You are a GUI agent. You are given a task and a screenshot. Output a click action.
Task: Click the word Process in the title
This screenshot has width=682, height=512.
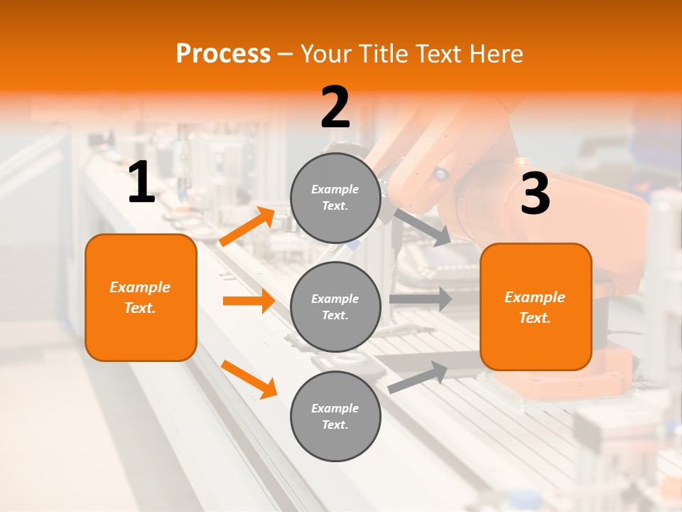tap(223, 54)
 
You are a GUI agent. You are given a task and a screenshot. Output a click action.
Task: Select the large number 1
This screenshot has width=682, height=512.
tap(141, 183)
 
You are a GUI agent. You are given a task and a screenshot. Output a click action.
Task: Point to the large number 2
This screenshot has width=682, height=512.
tap(335, 108)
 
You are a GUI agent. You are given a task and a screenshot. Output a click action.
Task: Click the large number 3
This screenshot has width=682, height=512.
tap(535, 193)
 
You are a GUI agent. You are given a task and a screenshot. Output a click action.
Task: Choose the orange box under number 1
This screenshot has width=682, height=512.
tap(141, 297)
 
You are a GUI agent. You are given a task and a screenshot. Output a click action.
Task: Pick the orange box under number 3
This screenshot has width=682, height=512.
tap(536, 306)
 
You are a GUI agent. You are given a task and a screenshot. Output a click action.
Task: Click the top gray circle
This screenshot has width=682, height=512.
tap(335, 198)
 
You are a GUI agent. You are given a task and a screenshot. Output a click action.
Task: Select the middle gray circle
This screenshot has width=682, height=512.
tap(335, 306)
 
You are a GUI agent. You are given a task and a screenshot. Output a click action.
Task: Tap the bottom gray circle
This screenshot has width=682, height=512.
tap(335, 416)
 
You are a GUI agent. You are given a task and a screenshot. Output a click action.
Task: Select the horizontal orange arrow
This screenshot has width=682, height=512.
tap(249, 301)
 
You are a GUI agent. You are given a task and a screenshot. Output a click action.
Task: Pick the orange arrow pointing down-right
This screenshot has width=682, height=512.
tap(249, 379)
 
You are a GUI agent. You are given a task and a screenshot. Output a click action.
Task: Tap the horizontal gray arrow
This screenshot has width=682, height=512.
tap(421, 299)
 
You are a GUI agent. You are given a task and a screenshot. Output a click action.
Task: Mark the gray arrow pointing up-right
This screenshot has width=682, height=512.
tap(418, 377)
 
